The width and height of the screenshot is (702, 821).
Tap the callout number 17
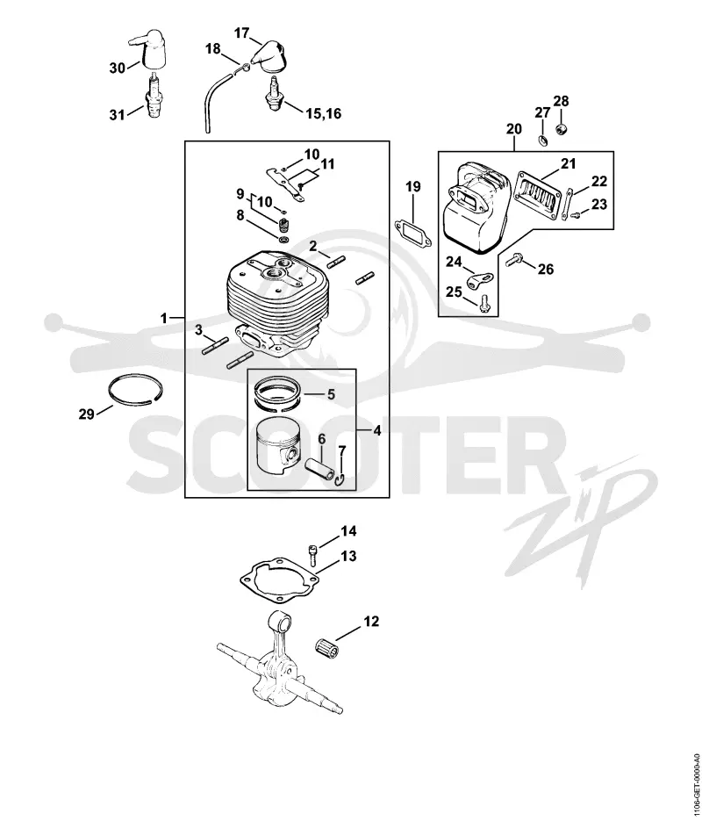coord(241,33)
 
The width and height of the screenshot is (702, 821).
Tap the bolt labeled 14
coord(312,555)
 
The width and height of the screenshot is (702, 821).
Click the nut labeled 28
coord(562,129)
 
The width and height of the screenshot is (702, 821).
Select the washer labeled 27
coord(543,140)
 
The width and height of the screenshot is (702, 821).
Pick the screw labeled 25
coord(484,304)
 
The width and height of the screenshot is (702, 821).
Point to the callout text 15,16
coord(323,112)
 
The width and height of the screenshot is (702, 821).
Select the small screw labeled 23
coord(577,213)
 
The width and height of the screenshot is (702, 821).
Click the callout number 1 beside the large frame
coord(164,318)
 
